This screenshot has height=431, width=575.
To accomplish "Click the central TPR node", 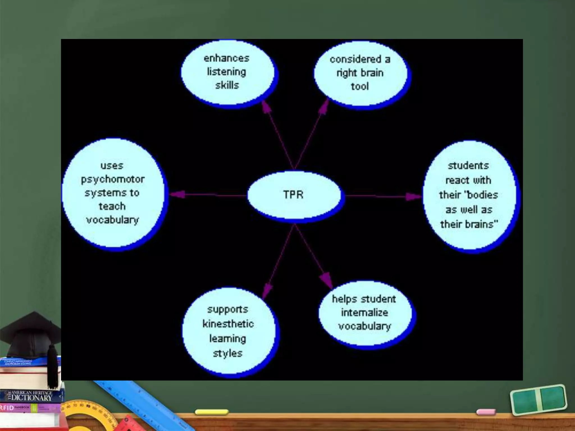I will [x=294, y=195].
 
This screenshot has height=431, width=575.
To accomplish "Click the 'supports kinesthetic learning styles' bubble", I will [x=228, y=331].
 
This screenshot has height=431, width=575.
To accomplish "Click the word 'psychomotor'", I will [x=113, y=179].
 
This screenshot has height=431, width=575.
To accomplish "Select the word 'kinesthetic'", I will [x=228, y=324].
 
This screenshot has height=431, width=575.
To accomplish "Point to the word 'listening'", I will [x=227, y=72].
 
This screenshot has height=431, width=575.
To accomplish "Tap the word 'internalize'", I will [x=364, y=313].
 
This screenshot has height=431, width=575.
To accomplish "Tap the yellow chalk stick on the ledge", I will [x=212, y=412].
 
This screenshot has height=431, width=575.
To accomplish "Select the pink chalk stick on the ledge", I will [x=486, y=412].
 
